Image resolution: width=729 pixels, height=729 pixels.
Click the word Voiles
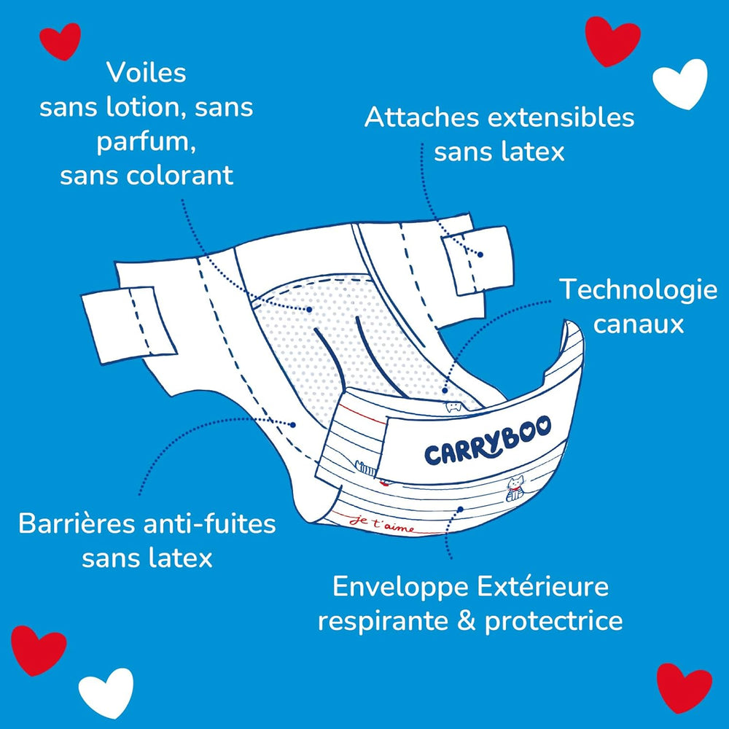146,73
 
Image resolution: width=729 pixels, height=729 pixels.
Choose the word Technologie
638,290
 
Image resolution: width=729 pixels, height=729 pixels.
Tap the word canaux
639,324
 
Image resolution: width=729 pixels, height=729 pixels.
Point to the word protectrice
554,621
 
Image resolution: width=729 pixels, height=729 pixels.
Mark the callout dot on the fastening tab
480,254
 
